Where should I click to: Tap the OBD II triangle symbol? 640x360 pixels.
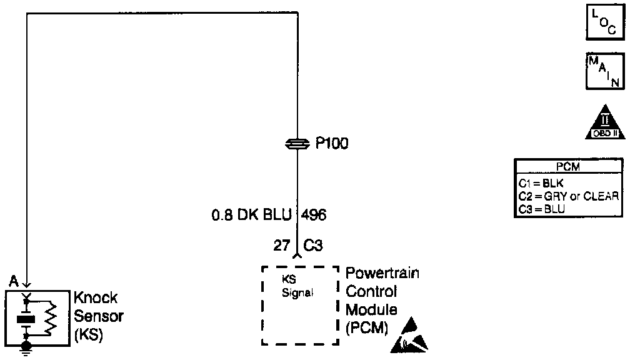tap(605, 123)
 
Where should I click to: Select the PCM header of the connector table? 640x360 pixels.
tap(568, 167)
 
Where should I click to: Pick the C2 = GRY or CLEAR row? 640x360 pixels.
tap(568, 196)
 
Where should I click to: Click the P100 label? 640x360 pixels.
tap(332, 144)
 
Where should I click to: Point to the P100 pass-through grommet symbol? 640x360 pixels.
tap(297, 144)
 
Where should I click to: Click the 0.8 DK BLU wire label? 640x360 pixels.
tap(251, 216)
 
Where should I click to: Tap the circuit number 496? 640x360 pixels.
tap(314, 216)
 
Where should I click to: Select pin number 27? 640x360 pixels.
tap(281, 246)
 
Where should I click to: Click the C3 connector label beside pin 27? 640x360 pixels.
tap(313, 246)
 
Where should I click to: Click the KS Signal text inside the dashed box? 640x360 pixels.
tap(296, 286)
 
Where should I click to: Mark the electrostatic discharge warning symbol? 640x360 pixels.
tap(410, 335)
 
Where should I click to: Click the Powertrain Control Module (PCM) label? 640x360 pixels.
tap(382, 300)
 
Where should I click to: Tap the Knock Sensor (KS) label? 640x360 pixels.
tap(98, 316)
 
